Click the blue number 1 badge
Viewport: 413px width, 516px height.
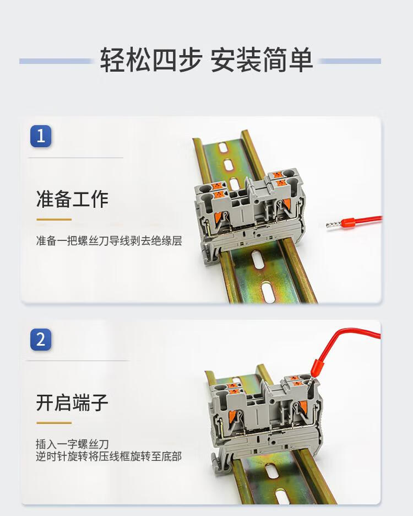(x=41, y=136)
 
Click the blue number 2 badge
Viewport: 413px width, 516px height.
(x=41, y=339)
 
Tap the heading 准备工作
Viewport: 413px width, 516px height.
(x=72, y=199)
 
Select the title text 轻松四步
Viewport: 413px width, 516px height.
(x=151, y=60)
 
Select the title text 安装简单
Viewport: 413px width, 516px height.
(x=262, y=60)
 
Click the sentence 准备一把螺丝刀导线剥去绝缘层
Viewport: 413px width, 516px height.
(x=109, y=241)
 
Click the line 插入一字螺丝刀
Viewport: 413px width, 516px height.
(x=72, y=444)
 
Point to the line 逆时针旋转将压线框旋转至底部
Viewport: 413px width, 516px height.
(x=108, y=456)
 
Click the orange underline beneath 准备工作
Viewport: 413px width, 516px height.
(x=54, y=219)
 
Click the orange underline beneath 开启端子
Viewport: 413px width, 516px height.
(x=54, y=422)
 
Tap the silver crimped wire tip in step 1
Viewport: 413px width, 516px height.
(x=333, y=225)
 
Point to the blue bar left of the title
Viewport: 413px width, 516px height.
(x=55, y=61)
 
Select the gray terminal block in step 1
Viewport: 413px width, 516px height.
(x=250, y=214)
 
